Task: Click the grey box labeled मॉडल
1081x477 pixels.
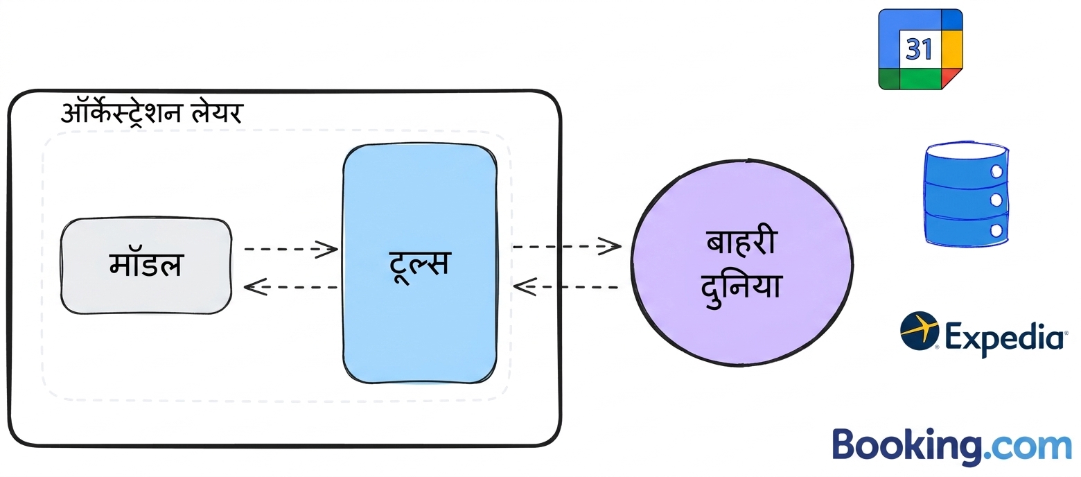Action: point(146,266)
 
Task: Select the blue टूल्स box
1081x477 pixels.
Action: point(420,263)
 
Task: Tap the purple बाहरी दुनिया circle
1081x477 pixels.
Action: point(742,263)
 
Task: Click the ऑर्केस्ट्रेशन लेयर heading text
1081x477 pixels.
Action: point(151,114)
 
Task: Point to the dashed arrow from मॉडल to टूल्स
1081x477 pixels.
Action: point(291,249)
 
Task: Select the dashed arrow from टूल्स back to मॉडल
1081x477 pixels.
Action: point(291,287)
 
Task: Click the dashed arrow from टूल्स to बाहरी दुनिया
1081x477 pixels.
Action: point(567,246)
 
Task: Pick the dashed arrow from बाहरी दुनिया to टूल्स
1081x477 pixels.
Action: point(567,287)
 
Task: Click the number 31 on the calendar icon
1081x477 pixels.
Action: point(920,49)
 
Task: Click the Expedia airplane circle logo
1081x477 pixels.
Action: point(920,330)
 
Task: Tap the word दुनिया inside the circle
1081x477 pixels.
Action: point(741,288)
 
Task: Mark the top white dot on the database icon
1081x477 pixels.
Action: point(996,171)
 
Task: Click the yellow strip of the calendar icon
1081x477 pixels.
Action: point(951,49)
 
